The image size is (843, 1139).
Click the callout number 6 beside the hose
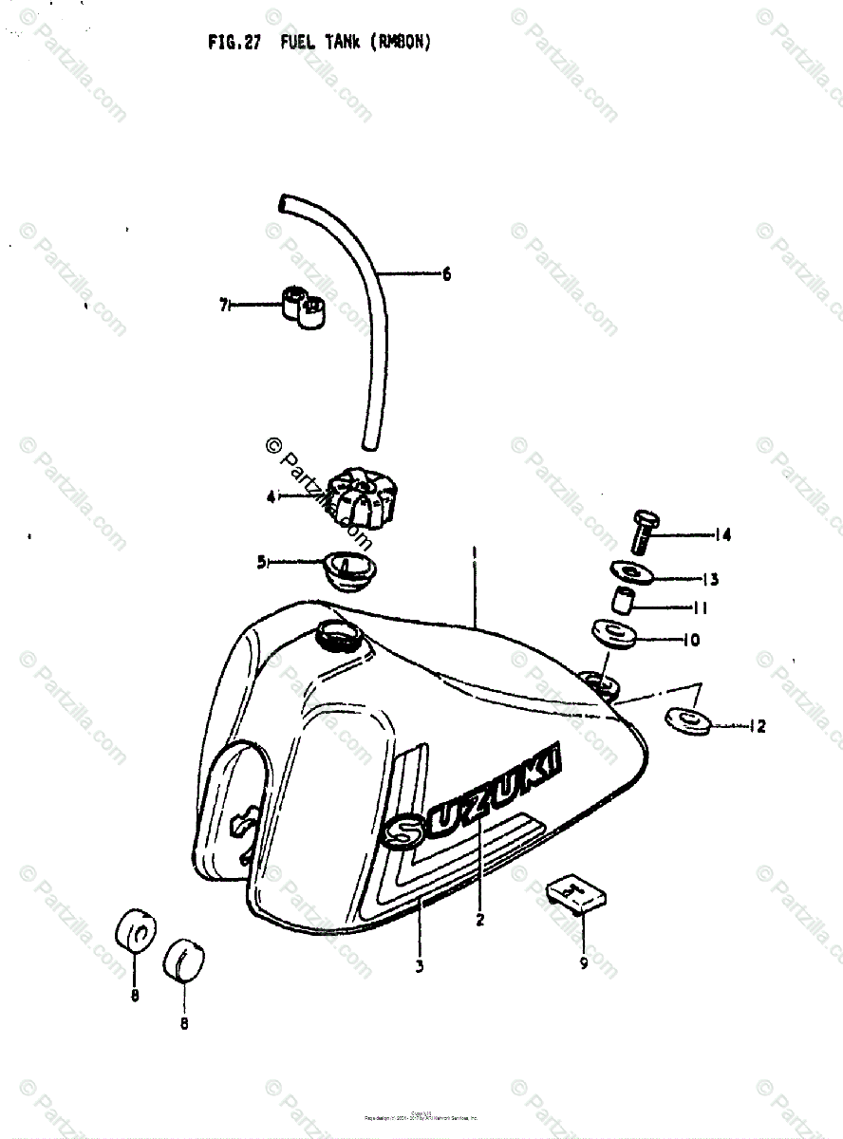click(446, 275)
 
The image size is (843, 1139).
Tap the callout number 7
click(223, 305)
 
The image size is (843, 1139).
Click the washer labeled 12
click(689, 721)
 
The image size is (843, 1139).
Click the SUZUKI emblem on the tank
click(475, 797)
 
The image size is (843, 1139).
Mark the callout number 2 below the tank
click(480, 919)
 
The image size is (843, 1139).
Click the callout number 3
click(420, 966)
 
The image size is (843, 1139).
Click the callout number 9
click(583, 963)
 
